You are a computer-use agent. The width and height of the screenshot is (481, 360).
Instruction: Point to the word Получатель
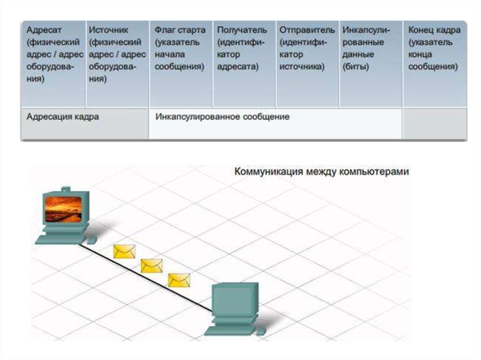click(x=242, y=30)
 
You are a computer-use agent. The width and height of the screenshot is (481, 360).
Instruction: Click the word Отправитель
click(x=307, y=30)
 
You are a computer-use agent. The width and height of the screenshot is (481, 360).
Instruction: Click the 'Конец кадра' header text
click(x=434, y=30)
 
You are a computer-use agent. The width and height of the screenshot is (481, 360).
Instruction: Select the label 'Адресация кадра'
click(x=62, y=117)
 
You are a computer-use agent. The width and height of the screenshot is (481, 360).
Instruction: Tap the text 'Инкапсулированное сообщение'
click(x=222, y=116)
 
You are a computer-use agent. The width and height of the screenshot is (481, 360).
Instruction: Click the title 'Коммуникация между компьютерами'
click(x=322, y=172)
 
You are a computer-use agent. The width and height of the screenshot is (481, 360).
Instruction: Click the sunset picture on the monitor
click(x=63, y=209)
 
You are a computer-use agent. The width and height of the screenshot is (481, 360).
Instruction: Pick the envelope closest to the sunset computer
click(x=124, y=252)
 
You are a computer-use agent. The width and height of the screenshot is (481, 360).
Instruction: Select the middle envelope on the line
click(x=152, y=266)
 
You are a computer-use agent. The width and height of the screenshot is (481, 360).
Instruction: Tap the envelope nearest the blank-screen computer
click(x=179, y=280)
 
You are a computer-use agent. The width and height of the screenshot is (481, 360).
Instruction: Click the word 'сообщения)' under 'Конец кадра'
click(x=433, y=67)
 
